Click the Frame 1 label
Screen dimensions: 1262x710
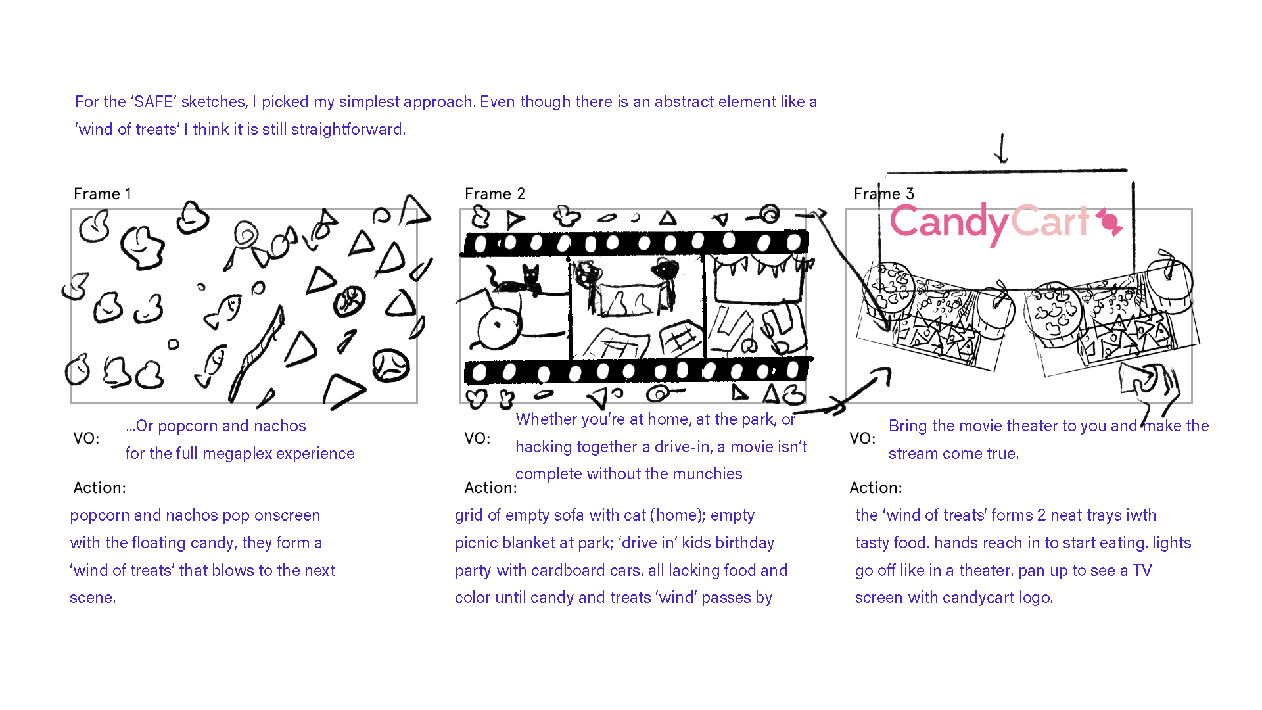103,194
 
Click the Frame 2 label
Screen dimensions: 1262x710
495,194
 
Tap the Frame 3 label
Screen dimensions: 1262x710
884,194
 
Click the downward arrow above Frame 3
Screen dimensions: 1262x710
1001,149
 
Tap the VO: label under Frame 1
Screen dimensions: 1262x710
87,438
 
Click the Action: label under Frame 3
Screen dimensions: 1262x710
876,488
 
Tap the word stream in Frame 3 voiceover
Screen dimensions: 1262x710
911,454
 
